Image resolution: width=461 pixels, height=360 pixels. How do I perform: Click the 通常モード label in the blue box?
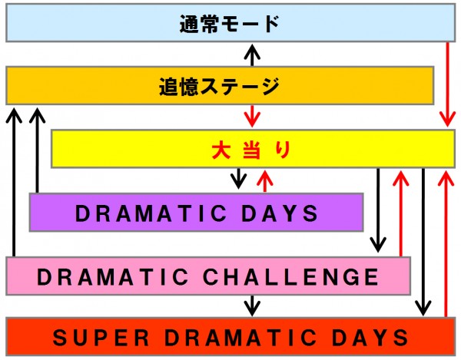230,24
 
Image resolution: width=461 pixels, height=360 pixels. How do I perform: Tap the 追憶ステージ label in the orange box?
220,86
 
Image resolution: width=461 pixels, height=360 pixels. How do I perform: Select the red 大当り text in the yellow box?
252,150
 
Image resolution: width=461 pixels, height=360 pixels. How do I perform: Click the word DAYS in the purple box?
280,213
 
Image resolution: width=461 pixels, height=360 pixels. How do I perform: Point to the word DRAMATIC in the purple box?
151,213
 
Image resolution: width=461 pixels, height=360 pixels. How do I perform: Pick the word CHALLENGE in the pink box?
290,276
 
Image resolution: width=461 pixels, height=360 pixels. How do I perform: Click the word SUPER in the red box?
101,338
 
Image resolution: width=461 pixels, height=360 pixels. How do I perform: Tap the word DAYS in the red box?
370,338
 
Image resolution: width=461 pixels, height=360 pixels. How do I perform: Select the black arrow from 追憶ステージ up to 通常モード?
252,55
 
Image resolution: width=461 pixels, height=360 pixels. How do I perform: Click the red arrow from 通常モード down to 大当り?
447,84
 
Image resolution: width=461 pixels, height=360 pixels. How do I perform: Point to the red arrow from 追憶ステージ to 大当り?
252,116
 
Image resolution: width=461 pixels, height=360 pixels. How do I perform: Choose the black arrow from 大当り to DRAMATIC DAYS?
238,179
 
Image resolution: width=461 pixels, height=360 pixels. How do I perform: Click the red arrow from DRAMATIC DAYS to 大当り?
265,181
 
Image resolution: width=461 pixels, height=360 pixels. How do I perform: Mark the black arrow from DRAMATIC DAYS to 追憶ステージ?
37,150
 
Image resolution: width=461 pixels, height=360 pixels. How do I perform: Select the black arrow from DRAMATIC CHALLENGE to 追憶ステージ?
14,182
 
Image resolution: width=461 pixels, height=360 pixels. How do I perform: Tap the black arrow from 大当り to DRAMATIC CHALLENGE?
378,210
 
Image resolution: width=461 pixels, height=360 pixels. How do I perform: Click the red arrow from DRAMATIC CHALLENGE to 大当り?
401,213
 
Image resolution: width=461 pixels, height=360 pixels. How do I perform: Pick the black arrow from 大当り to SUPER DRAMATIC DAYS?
423,242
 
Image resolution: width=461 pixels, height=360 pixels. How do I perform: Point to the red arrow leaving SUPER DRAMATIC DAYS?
446,244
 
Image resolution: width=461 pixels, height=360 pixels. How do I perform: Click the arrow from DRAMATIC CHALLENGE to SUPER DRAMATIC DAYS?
252,306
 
